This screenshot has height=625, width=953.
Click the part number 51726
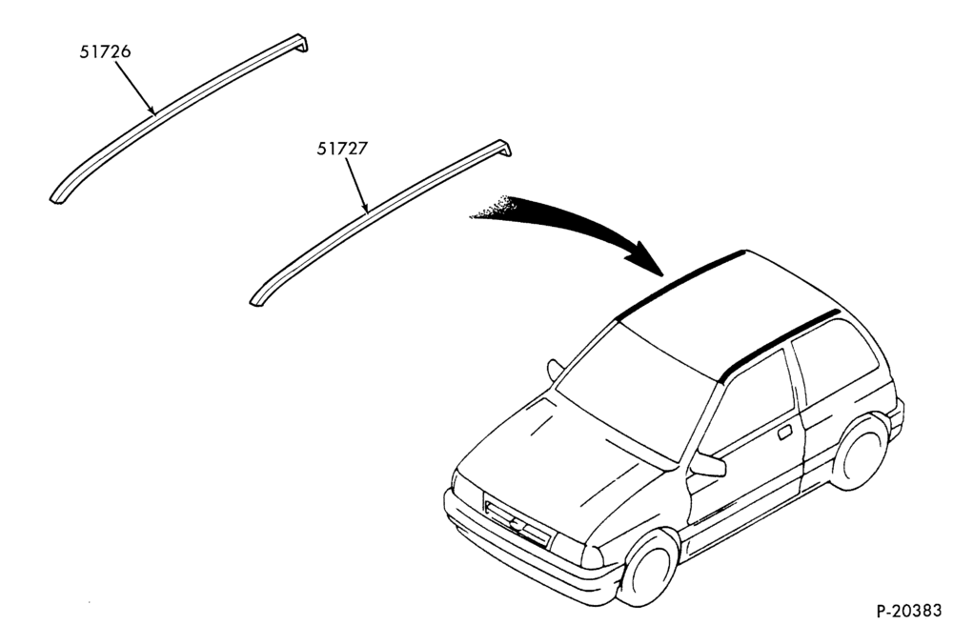pos(105,51)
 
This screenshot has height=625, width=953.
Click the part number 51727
pos(342,149)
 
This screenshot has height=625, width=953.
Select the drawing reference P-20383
pos(908,610)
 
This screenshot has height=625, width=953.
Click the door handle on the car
pos(784,432)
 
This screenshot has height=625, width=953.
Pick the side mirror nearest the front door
pos(709,465)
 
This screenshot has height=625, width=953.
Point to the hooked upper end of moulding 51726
pos(301,43)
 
